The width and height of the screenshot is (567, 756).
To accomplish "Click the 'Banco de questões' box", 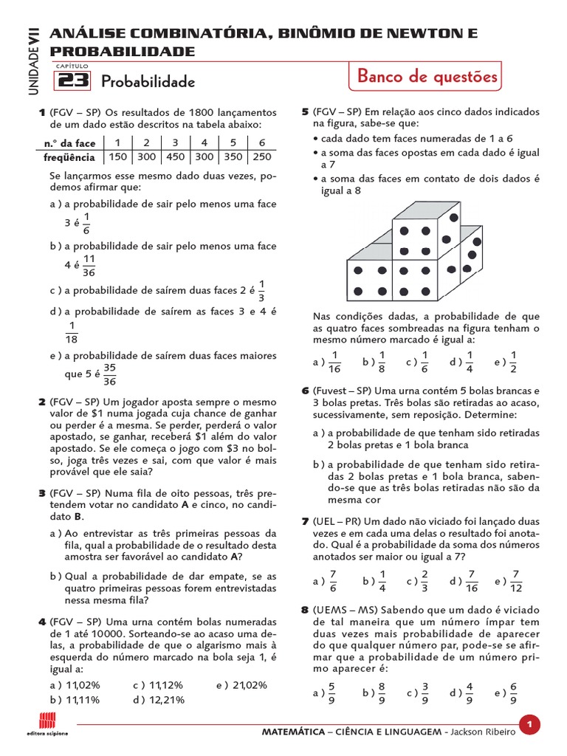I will (427, 77).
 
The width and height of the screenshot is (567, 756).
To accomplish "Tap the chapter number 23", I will (72, 80).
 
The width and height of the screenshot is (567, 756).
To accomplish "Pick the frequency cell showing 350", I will (233, 157).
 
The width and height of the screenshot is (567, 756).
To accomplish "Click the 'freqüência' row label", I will (69, 157).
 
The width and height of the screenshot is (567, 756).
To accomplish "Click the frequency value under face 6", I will (261, 157).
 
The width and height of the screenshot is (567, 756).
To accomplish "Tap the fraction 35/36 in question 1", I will (109, 374).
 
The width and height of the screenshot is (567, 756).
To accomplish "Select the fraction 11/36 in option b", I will (89, 265).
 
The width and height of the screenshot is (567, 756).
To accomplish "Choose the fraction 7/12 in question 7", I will (516, 581).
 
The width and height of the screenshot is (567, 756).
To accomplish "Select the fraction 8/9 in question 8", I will (381, 693).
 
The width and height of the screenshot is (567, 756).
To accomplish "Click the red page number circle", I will (529, 726).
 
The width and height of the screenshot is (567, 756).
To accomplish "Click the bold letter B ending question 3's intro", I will (78, 516).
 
